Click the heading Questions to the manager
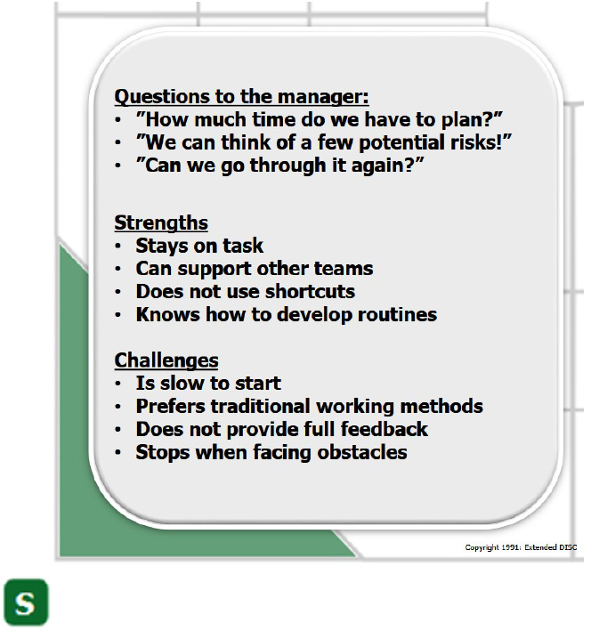click(241, 97)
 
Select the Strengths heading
click(161, 223)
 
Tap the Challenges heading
click(166, 361)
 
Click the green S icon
click(26, 602)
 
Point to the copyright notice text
click(521, 547)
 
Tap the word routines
click(397, 314)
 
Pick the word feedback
click(385, 429)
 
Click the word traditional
click(261, 406)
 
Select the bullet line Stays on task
click(199, 246)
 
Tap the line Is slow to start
click(208, 383)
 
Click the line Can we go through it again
click(280, 166)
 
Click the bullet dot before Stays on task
click(118, 247)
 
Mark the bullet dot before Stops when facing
click(118, 452)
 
